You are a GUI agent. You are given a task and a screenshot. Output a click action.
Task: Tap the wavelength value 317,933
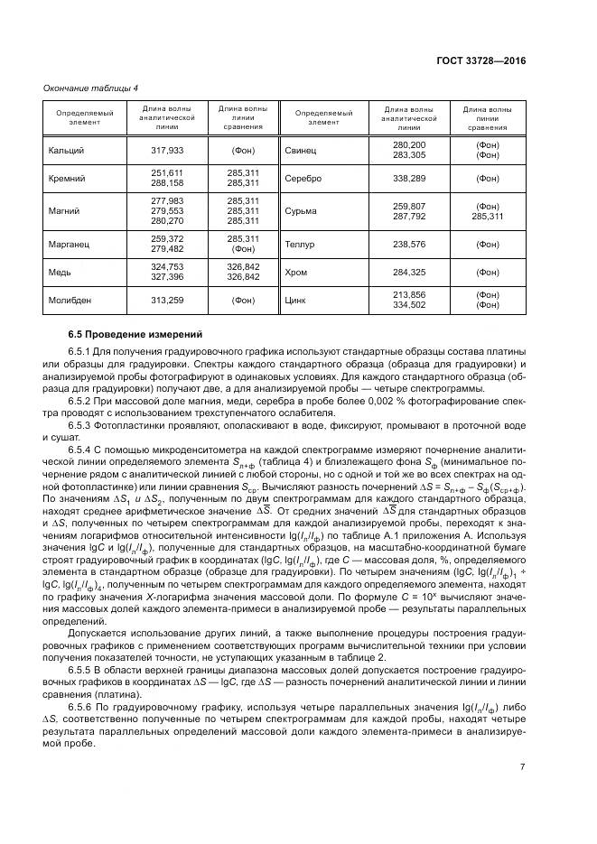pos(167,150)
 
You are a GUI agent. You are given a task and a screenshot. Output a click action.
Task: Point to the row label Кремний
pos(67,178)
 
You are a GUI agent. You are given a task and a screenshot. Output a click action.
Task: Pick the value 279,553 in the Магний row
pos(167,210)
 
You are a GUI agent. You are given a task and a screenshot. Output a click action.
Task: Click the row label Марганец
pos(70,243)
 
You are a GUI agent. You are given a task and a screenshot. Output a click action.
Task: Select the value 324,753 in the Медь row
pos(167,267)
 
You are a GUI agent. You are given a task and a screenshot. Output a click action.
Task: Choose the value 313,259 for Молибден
pos(167,300)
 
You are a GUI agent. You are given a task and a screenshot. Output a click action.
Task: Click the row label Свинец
pos(301,150)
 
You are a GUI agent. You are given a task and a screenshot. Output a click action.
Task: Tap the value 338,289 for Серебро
pos(409,178)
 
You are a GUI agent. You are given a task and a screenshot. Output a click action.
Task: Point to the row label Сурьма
pos(301,210)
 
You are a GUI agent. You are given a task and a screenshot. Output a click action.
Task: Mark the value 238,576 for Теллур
pos(409,243)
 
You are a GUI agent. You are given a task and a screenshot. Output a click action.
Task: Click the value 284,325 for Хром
pos(409,272)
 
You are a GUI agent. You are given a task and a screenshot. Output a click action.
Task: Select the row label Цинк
pos(296,300)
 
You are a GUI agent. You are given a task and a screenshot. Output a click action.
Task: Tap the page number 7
pos(522,767)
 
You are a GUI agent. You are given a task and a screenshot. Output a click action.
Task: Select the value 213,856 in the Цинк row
pos(409,295)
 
